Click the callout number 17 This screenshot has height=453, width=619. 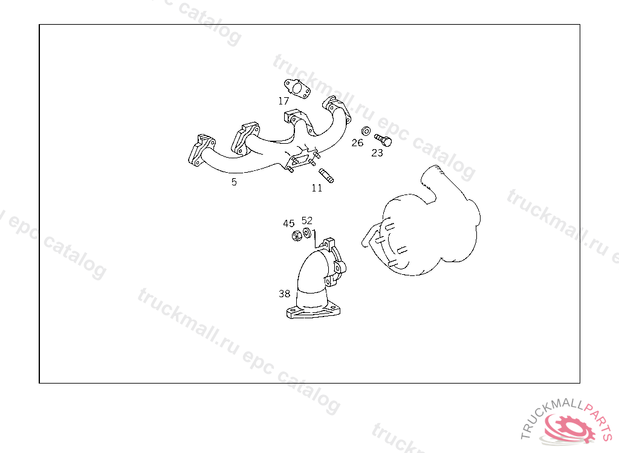point(284,101)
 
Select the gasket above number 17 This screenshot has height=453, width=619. point(297,89)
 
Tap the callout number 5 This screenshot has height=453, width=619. point(234,182)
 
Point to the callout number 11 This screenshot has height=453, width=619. point(317,188)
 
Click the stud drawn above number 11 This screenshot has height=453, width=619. point(326,176)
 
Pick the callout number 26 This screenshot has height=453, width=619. point(357,143)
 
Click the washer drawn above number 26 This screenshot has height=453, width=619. point(366,130)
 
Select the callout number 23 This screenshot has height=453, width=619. point(377,153)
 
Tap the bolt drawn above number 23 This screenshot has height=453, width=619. point(383,140)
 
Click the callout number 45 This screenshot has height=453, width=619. point(288,223)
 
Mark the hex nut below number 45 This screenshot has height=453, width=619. point(296,236)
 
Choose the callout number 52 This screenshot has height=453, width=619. point(306,220)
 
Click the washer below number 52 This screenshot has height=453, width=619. point(306,233)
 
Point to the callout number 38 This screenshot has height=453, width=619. point(284,294)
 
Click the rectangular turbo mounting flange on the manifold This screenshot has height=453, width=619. point(302,160)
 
